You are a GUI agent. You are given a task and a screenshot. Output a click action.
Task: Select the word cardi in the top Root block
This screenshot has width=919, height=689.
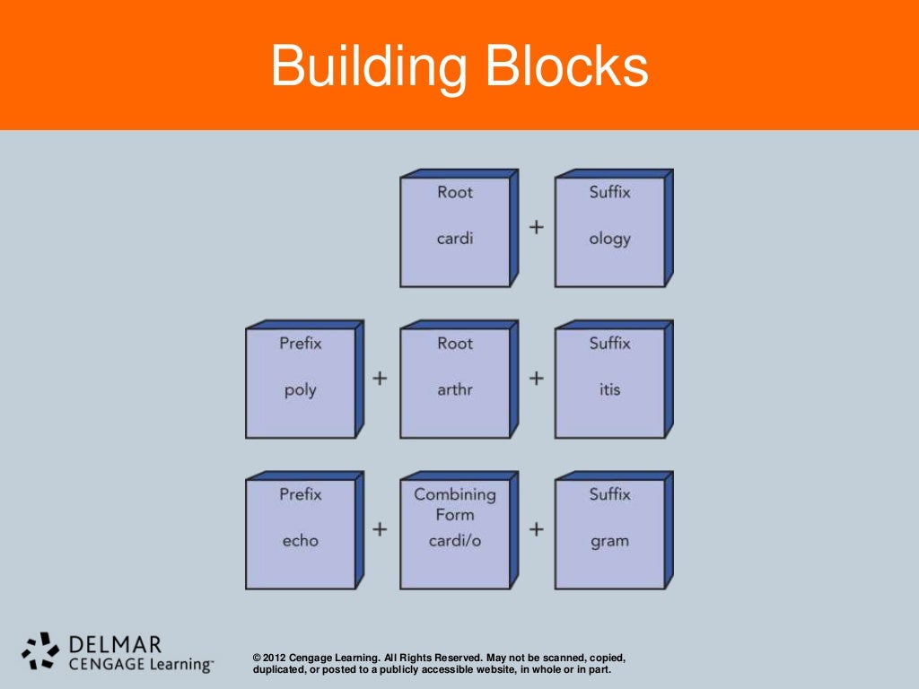pos(454,239)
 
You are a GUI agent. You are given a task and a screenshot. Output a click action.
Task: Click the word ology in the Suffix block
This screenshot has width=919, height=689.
pos(609,239)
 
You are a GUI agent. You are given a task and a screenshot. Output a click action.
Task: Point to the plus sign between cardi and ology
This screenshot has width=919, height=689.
pos(536,227)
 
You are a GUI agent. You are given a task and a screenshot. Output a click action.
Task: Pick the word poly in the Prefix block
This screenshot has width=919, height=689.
pos(300,389)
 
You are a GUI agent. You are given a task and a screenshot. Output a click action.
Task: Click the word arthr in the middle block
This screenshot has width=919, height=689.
pos(454,389)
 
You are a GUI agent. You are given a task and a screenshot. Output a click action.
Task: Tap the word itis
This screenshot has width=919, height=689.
pos(609,389)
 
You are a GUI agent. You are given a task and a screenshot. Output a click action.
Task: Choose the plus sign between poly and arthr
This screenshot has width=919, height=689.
pos(380,378)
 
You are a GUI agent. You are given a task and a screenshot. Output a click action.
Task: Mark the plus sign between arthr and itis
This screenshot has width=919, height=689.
pos(536,378)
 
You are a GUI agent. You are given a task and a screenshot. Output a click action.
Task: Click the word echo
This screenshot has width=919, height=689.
pos(300,540)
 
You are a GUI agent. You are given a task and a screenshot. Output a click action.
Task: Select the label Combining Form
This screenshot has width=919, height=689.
pos(454,504)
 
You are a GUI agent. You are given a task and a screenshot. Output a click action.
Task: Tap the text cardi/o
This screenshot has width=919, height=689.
pos(454,540)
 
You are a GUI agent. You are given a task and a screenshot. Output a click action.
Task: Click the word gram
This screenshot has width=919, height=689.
pos(609,540)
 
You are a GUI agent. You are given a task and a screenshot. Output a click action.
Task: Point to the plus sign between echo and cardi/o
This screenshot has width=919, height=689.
pos(380,529)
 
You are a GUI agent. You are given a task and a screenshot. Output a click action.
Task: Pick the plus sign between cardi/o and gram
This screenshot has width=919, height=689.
pos(536,529)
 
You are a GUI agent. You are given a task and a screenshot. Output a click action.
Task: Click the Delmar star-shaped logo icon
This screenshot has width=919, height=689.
pos(40,651)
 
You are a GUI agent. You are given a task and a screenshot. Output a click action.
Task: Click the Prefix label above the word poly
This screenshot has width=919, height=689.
pos(300,343)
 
